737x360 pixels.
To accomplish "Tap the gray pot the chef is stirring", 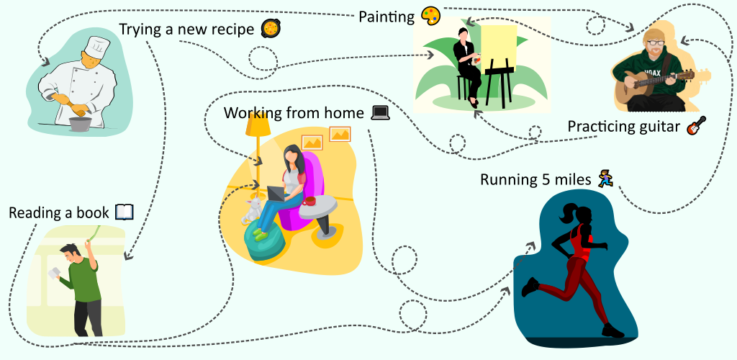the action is [81, 124].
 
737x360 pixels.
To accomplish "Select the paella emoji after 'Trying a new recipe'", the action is [272, 29].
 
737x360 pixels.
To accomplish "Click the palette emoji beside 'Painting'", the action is [431, 16].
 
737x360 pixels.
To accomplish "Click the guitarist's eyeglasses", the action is [655, 42].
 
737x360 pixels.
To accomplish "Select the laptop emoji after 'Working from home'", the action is [380, 113].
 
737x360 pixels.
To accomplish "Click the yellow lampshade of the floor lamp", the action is [258, 124].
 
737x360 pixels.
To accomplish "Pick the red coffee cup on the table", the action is [309, 201].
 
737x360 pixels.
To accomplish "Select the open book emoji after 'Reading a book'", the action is [125, 212].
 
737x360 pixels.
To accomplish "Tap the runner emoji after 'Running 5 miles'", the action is [606, 179].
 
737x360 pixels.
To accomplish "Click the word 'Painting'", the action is [386, 17].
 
